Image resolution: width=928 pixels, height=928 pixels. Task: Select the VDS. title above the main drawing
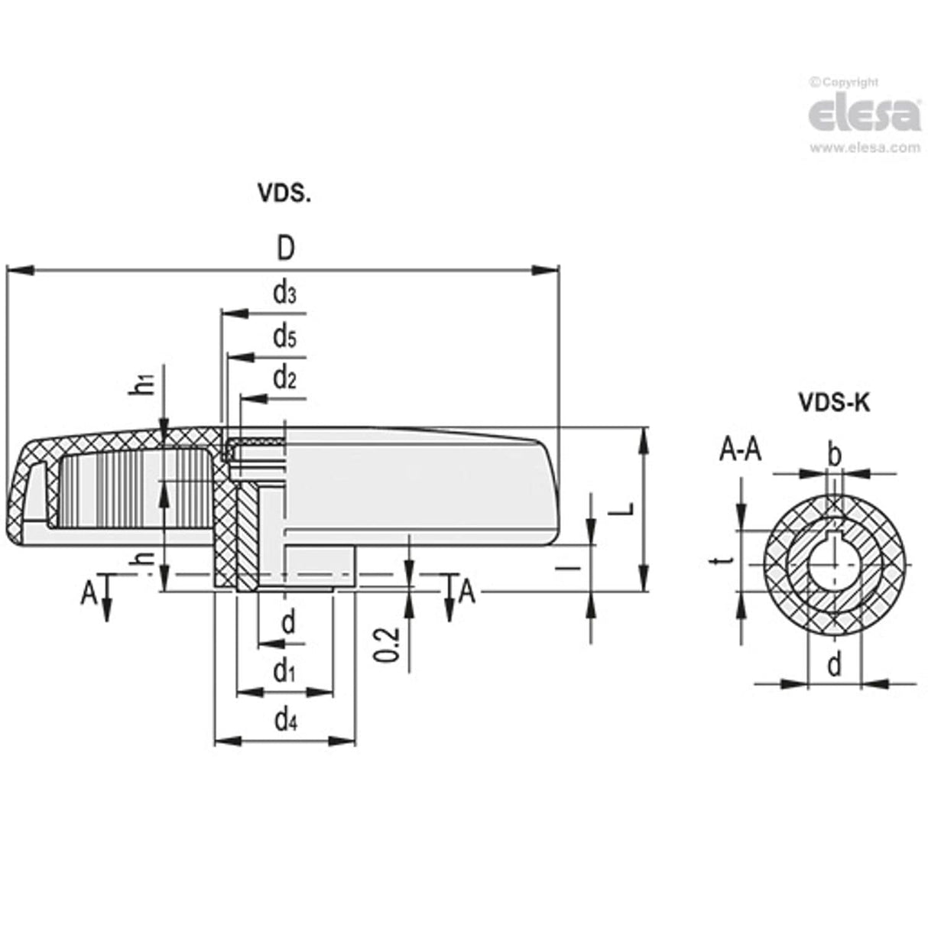click(284, 194)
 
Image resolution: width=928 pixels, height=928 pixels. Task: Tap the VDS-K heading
click(834, 402)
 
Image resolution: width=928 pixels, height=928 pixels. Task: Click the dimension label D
click(285, 248)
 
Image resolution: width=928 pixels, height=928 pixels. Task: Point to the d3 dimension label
click(284, 294)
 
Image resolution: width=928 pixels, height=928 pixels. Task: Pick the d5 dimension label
click(284, 336)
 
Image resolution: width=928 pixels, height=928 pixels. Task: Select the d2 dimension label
click(284, 378)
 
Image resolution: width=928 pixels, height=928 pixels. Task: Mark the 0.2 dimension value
click(388, 644)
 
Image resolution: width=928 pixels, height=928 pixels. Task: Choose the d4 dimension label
click(284, 720)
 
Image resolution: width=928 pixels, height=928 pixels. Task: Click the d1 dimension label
click(284, 673)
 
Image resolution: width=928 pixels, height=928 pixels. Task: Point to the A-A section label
click(740, 452)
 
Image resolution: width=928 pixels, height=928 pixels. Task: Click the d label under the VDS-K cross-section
click(834, 665)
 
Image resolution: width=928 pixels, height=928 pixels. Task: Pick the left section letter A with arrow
click(89, 592)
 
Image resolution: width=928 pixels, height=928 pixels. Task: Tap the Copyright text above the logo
click(844, 83)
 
